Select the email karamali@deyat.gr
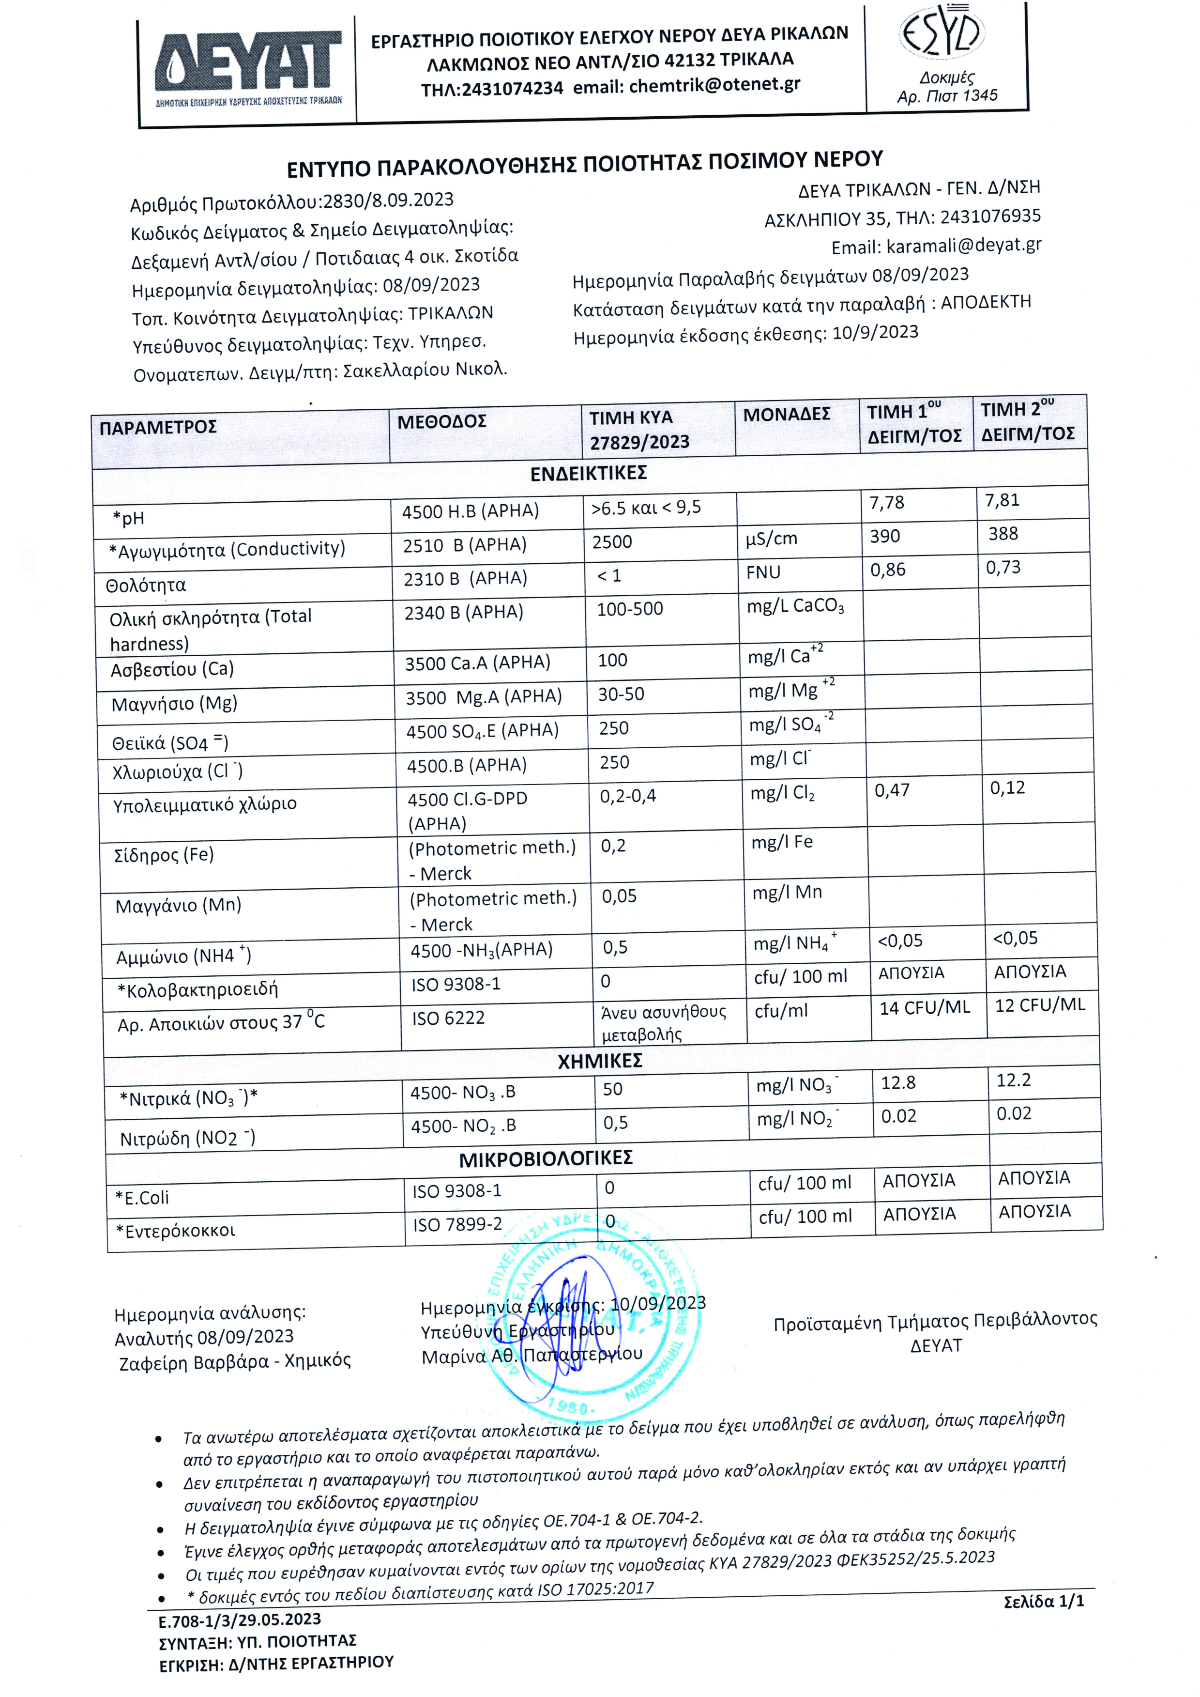964,246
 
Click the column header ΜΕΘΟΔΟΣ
442,422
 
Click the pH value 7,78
887,503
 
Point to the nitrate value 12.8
898,1083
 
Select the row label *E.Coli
142,1197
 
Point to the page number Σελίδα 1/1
1043,1602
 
